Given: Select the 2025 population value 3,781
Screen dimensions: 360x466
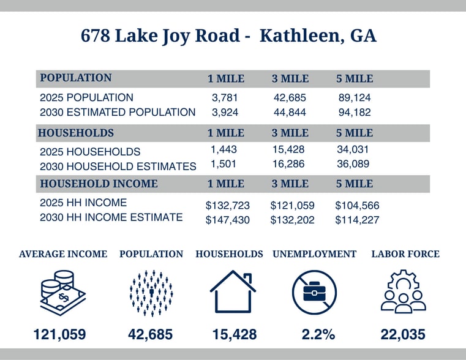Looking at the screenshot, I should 225,97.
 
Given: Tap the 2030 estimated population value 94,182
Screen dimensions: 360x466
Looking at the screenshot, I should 355,112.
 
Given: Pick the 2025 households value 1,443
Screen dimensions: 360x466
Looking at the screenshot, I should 224,149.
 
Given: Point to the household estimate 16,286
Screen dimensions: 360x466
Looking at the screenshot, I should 289,164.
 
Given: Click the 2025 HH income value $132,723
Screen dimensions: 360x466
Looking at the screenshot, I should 228,206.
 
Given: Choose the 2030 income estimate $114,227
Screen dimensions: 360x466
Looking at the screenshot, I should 357,220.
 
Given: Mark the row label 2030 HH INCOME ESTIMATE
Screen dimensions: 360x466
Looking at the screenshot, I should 111,217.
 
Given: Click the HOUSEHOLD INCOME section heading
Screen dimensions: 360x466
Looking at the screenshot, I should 99,184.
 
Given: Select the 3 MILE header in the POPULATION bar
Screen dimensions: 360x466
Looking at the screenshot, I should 290,79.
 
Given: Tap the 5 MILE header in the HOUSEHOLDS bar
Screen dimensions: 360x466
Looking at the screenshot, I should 355,133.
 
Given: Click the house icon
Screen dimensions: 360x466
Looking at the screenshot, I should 232,291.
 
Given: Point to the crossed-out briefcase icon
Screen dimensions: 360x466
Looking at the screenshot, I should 314,292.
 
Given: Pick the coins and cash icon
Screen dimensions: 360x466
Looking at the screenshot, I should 62,292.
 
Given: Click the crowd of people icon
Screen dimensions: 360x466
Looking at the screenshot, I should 151,292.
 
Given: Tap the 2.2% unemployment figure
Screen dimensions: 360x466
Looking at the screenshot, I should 318,334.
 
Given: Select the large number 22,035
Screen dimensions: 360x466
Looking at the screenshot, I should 403,334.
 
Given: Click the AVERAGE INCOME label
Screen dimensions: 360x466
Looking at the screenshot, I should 63,254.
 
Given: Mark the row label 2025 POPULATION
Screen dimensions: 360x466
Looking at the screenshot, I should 86,97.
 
